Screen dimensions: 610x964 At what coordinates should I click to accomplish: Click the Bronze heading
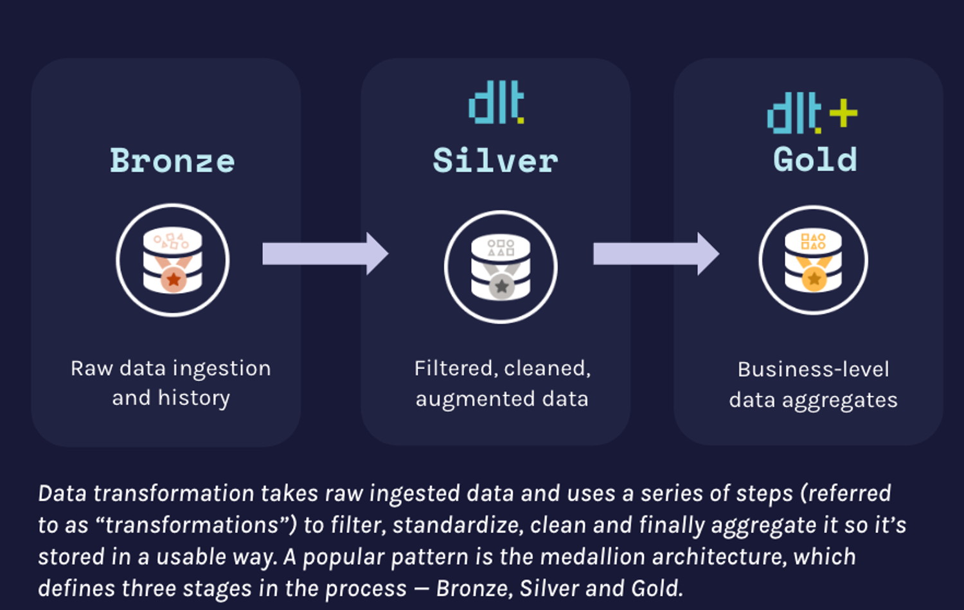(172, 161)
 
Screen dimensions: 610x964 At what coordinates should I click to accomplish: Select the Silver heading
(495, 161)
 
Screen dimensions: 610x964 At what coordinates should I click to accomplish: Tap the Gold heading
(815, 159)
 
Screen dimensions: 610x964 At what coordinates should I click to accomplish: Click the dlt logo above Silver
(496, 102)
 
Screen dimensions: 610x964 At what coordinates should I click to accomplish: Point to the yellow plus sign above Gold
(843, 114)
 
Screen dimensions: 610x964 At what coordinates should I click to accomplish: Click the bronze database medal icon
(173, 260)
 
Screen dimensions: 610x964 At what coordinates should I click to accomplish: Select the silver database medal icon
(501, 267)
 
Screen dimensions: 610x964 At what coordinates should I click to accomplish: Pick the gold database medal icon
(814, 260)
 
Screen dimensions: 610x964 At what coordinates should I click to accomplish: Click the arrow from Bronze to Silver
(325, 254)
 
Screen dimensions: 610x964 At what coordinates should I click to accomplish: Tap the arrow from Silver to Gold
(656, 254)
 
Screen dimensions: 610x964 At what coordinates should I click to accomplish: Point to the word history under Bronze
(193, 399)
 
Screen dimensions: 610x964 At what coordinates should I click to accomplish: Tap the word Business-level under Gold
(813, 370)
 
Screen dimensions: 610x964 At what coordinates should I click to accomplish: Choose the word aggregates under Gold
(839, 401)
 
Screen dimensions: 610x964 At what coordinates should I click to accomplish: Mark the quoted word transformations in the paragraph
(192, 525)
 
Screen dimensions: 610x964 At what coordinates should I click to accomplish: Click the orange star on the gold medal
(814, 278)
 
